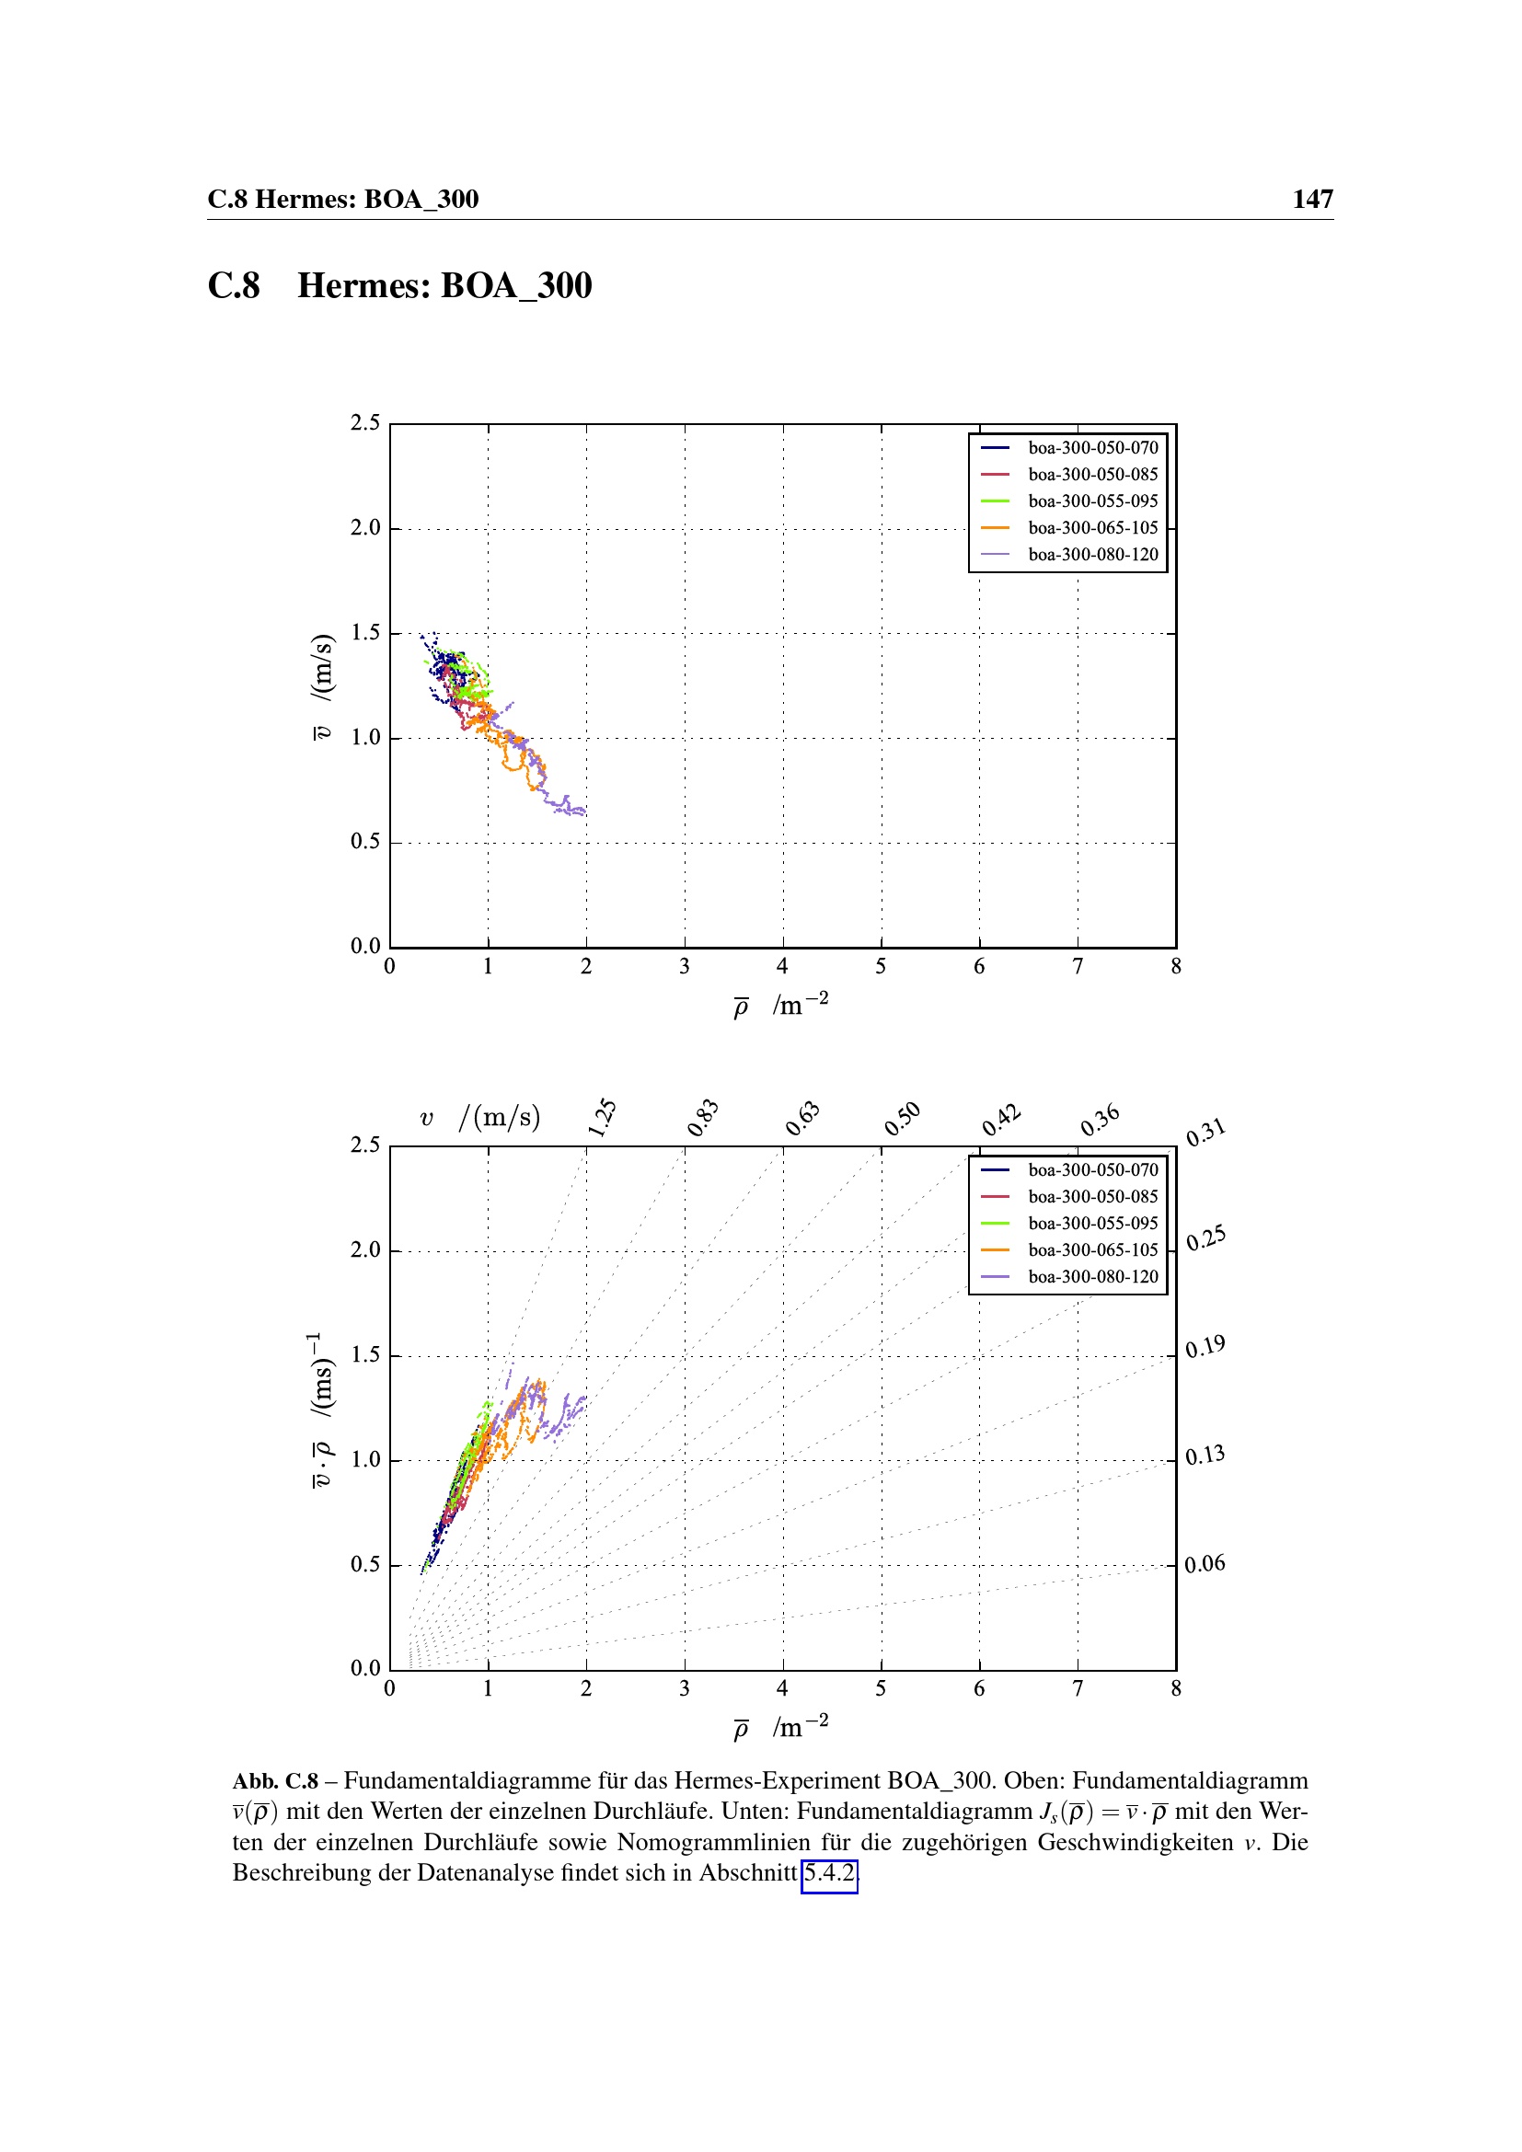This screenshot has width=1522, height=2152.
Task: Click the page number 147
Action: tap(1312, 199)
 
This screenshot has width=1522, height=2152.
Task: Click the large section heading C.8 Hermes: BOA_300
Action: tap(399, 286)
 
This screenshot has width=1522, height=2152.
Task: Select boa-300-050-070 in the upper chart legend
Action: tap(1092, 448)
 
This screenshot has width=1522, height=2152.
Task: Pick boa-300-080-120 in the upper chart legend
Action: tap(1092, 555)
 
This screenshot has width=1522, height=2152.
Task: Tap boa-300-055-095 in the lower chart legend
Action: tap(1092, 1223)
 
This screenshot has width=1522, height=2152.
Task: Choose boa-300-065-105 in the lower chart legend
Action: tap(1092, 1250)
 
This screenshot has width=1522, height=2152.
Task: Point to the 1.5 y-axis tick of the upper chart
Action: tap(365, 633)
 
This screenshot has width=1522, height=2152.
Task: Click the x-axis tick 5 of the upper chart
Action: tap(881, 966)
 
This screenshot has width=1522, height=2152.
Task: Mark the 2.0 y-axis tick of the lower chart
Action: tap(365, 1249)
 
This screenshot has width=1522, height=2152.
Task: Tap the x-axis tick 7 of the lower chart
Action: tap(1078, 1689)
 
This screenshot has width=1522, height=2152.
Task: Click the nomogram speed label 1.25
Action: tap(602, 1117)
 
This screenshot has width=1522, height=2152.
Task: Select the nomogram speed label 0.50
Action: tap(903, 1119)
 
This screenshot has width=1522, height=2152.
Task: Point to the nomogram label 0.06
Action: tap(1205, 1563)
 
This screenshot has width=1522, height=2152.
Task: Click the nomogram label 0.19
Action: tap(1205, 1348)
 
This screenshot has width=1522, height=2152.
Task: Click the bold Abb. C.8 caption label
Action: tap(275, 1781)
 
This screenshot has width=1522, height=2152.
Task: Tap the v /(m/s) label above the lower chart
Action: tap(480, 1117)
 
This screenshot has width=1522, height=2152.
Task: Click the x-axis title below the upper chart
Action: tap(780, 1006)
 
